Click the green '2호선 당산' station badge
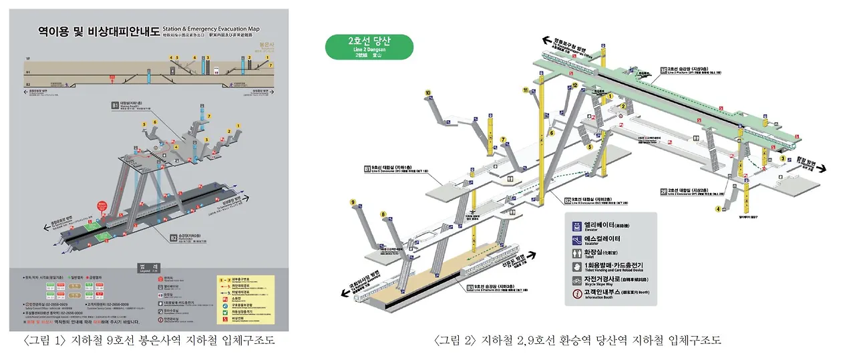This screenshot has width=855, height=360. tap(369, 46)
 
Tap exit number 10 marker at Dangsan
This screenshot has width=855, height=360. tap(428, 93)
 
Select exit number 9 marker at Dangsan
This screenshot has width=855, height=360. tap(352, 202)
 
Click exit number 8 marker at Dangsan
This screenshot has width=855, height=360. tap(383, 214)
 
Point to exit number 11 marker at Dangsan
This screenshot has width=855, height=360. tap(526, 91)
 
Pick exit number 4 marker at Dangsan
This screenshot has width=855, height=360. tap(718, 209)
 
